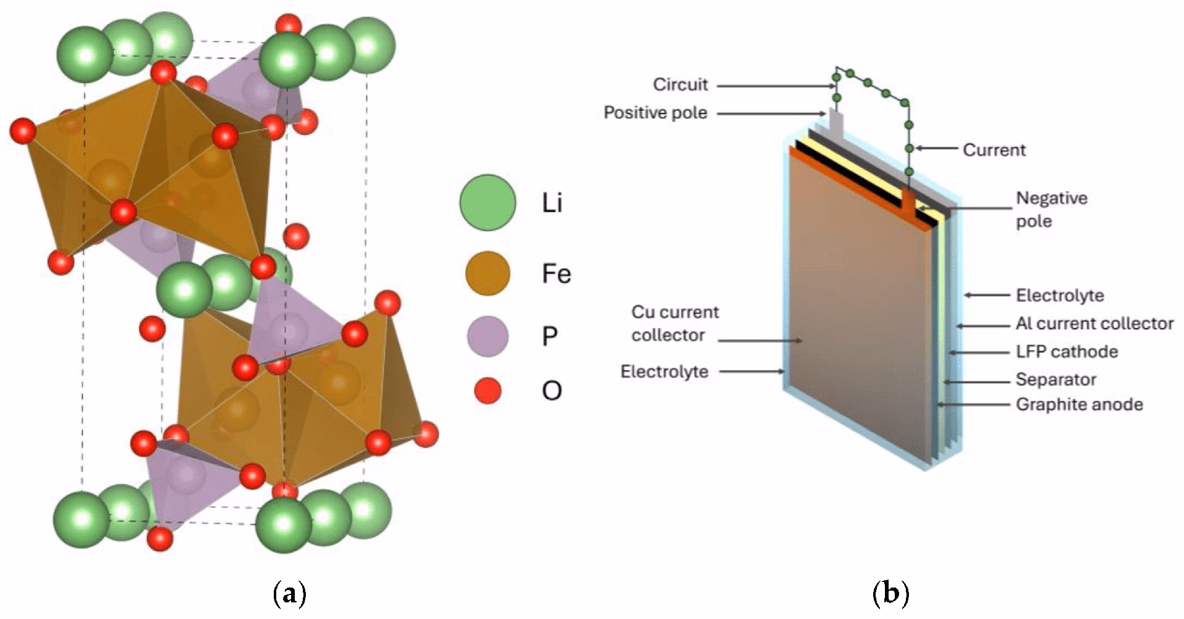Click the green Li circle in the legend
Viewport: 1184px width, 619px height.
(487, 203)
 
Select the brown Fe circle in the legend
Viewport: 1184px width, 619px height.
(487, 273)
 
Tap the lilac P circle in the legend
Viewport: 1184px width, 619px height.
(487, 337)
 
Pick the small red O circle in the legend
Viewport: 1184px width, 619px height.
(487, 391)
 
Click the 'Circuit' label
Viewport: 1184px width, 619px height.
(680, 85)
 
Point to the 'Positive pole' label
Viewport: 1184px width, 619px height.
(655, 113)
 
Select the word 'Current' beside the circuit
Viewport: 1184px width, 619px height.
(994, 150)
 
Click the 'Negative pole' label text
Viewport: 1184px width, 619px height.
(1051, 210)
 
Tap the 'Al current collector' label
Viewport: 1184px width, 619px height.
(1095, 324)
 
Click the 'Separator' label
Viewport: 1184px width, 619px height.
(1056, 380)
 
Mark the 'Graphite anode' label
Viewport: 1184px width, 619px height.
(1079, 404)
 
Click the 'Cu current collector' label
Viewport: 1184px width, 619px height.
(675, 324)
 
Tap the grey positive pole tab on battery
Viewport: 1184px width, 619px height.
(836, 122)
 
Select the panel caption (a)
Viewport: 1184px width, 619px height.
(289, 594)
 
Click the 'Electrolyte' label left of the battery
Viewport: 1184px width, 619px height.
(664, 372)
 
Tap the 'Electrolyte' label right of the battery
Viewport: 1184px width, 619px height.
(1059, 295)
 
